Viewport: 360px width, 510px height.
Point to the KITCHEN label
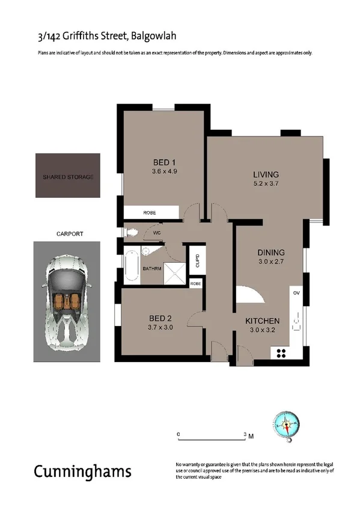click(262, 321)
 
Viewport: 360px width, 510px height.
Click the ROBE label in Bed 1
click(150, 213)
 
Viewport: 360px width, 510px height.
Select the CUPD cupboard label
click(197, 260)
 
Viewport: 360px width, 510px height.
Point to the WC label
click(156, 232)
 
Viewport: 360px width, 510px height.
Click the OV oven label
click(296, 293)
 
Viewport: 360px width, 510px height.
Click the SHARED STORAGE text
click(68, 177)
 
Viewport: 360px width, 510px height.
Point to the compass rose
click(285, 425)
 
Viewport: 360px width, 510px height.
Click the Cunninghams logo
click(82, 470)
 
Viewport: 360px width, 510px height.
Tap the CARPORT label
click(70, 233)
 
